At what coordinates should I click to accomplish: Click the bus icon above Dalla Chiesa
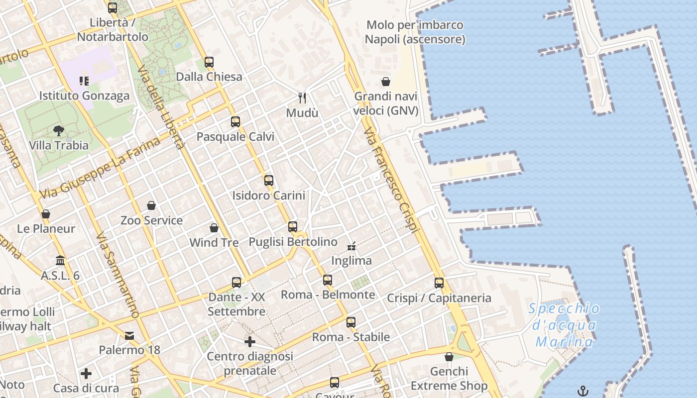click(x=209, y=62)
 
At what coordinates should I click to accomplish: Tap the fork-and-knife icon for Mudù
click(x=302, y=98)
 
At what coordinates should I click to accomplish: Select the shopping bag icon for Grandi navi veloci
click(x=386, y=82)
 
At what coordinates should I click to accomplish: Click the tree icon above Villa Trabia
click(x=59, y=131)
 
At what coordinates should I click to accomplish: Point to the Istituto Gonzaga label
click(x=85, y=96)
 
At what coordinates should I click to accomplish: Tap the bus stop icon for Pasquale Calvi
click(x=235, y=121)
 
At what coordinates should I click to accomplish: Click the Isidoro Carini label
click(x=269, y=196)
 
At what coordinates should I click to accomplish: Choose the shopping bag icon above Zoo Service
click(x=151, y=205)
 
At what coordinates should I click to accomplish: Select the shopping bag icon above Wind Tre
click(x=214, y=228)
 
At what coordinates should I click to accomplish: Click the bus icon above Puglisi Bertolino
click(x=293, y=227)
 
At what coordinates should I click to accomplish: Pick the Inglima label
click(x=351, y=261)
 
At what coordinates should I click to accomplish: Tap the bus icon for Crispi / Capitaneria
click(x=439, y=283)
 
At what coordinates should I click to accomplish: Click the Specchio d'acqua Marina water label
click(x=565, y=325)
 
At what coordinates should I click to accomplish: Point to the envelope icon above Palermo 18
click(x=129, y=336)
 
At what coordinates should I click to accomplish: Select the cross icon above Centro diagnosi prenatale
click(x=250, y=342)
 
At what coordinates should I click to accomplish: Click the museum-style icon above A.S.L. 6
click(x=60, y=261)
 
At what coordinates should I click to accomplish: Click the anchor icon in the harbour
click(x=582, y=391)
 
